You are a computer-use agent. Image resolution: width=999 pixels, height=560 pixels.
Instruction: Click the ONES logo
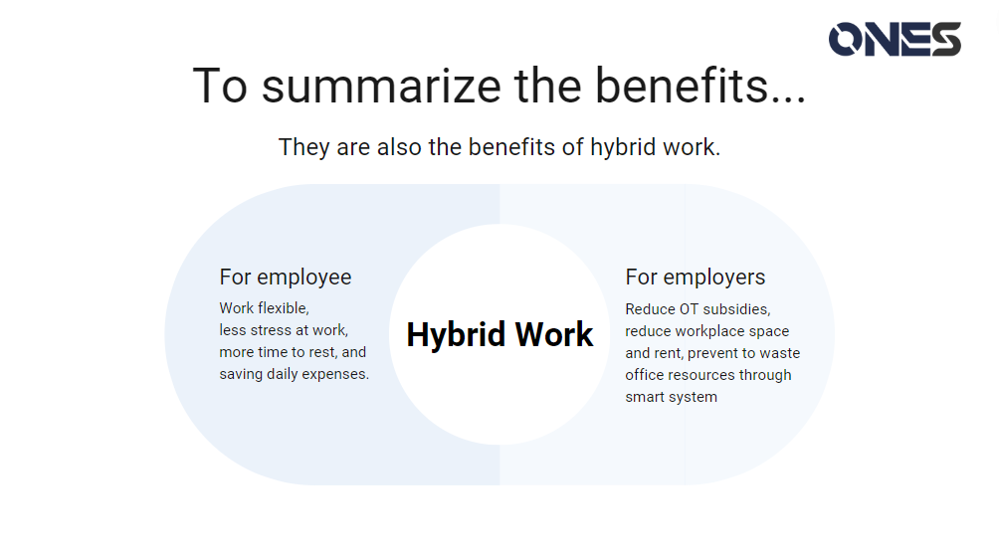click(x=895, y=39)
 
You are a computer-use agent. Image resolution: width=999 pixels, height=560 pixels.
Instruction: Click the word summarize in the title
click(x=381, y=86)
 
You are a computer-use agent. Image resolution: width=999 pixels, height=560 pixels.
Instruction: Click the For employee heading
click(x=286, y=278)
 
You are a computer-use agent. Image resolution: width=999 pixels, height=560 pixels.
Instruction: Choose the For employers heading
click(x=696, y=278)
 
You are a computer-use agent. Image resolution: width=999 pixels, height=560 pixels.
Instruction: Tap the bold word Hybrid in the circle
click(x=456, y=335)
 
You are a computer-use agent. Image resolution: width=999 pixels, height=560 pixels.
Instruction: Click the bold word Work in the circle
click(x=553, y=334)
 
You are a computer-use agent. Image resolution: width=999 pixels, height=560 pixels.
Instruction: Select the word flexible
click(x=284, y=308)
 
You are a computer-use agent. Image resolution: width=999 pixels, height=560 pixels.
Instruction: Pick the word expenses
click(x=335, y=375)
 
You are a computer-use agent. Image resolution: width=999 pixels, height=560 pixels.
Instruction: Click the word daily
click(x=283, y=374)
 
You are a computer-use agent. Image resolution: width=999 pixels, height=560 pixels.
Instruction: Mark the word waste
click(x=780, y=353)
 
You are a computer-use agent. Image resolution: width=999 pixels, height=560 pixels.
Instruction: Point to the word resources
click(x=699, y=375)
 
